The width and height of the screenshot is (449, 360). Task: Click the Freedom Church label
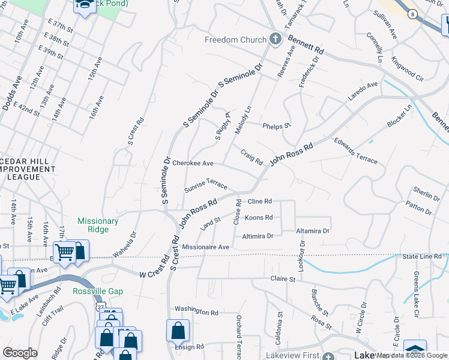click(x=235, y=40)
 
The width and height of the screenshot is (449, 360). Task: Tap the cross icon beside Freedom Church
click(x=275, y=40)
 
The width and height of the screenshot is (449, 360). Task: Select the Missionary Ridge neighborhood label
click(x=98, y=225)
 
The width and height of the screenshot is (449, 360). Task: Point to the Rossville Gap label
click(x=98, y=292)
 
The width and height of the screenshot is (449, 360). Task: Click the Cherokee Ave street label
click(x=193, y=163)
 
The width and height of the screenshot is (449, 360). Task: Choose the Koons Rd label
click(x=259, y=218)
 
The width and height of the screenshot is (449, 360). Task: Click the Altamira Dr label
click(x=313, y=231)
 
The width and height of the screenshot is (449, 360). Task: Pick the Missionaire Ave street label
click(x=206, y=247)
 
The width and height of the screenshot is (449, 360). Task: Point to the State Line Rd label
click(x=422, y=256)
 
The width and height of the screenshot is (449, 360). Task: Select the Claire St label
click(x=283, y=279)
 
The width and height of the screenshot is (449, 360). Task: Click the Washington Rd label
click(x=196, y=313)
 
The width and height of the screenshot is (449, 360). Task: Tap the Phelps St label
click(x=277, y=125)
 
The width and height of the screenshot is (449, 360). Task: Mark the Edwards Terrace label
click(x=355, y=151)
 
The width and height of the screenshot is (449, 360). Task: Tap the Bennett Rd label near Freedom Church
click(x=306, y=45)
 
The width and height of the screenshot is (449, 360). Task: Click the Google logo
click(x=20, y=353)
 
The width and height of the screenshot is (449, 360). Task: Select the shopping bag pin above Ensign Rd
click(x=178, y=330)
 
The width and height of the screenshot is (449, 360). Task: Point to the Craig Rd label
click(x=252, y=157)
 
